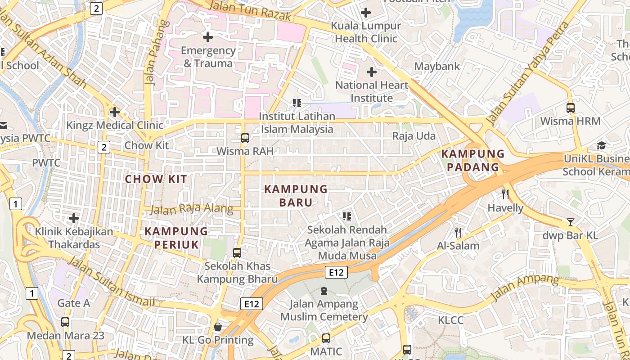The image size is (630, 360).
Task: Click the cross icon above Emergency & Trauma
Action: tap(207, 37)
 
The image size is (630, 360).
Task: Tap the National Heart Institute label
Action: tap(372, 91)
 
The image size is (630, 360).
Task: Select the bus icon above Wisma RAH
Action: tap(245, 138)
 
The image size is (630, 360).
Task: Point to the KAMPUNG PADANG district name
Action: tap(473, 160)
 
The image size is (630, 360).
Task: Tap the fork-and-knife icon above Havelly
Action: tap(505, 194)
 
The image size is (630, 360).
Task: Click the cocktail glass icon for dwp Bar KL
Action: tap(571, 222)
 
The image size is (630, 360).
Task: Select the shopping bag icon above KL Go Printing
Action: tap(218, 326)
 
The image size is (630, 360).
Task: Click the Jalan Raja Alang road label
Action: tap(191, 209)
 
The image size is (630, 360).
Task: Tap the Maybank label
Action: tap(437, 66)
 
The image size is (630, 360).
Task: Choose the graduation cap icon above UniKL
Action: tap(601, 145)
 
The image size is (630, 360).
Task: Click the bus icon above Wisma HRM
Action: tap(571, 108)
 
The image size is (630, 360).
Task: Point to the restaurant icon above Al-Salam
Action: tap(458, 232)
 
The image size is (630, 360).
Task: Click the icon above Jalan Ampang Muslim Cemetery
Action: tap(324, 291)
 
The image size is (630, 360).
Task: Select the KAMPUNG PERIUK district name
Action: tap(176, 238)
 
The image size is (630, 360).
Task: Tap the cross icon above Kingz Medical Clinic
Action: tap(115, 111)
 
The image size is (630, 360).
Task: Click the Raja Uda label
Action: tap(414, 136)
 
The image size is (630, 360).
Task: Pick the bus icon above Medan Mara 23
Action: tap(65, 322)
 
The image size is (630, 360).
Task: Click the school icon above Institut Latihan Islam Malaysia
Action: tap(297, 103)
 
